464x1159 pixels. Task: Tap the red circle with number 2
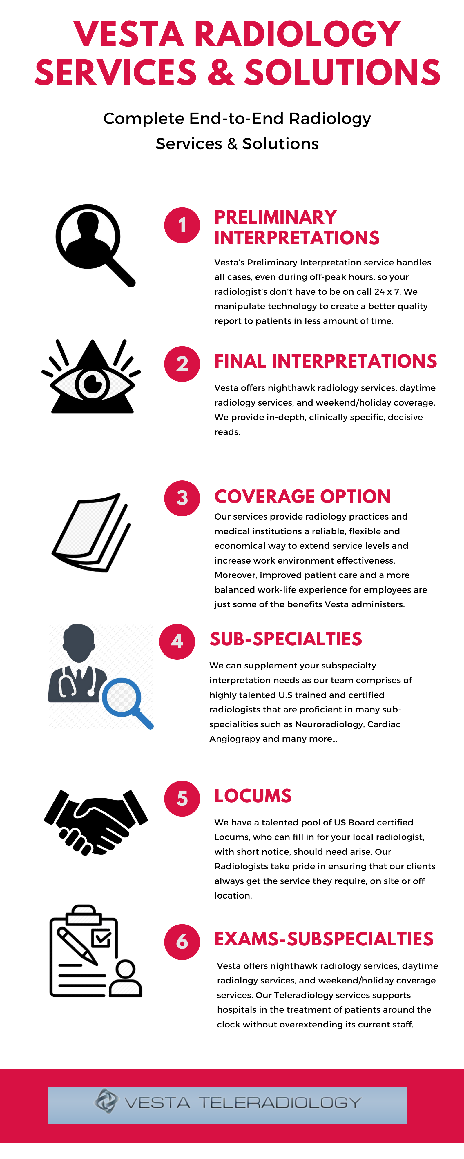(x=182, y=364)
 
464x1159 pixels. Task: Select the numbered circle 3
(x=182, y=498)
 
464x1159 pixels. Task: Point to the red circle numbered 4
(x=177, y=642)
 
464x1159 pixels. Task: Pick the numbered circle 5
(x=182, y=799)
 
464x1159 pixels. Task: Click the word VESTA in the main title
(x=129, y=34)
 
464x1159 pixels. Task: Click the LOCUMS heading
(x=253, y=796)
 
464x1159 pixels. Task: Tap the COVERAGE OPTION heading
(x=302, y=497)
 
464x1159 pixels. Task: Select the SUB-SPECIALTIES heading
(x=286, y=639)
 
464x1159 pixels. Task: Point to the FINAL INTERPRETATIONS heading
(x=325, y=361)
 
